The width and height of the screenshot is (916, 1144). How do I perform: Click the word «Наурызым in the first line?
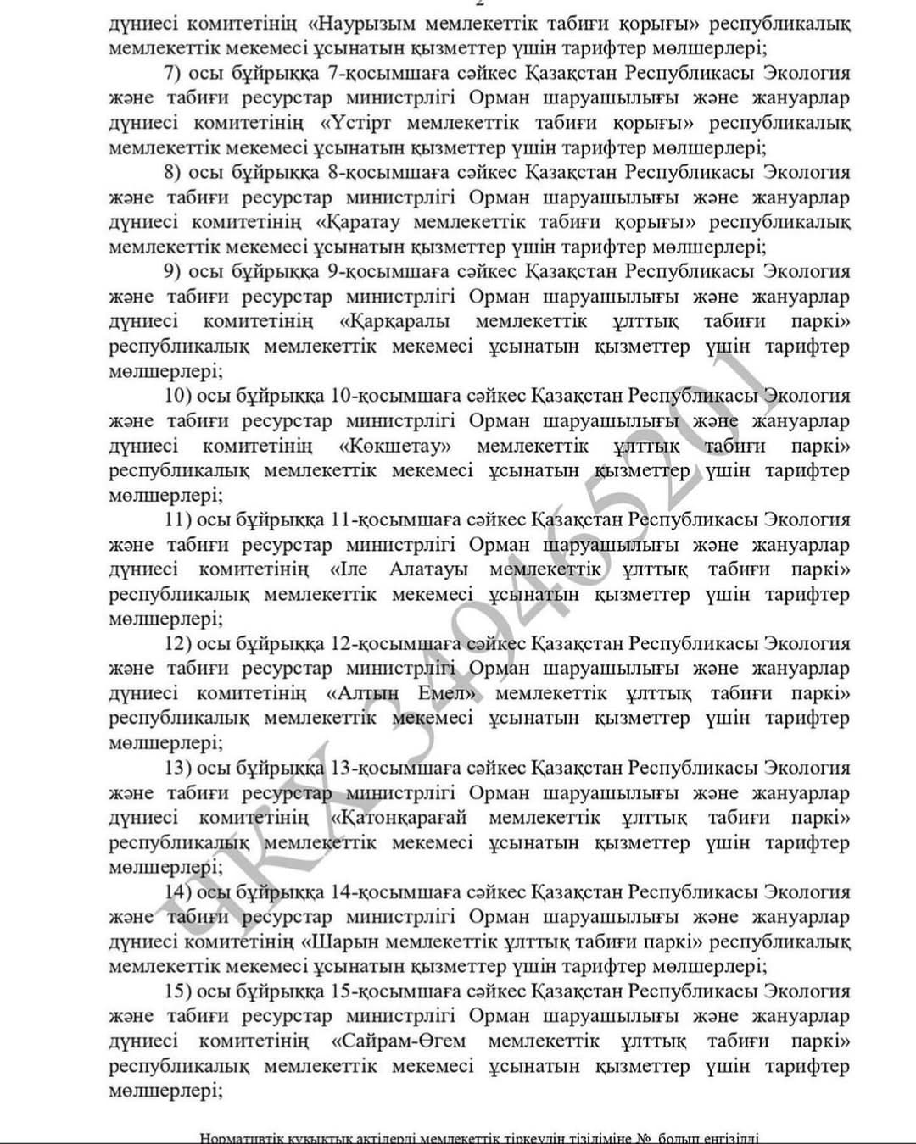pyautogui.click(x=355, y=23)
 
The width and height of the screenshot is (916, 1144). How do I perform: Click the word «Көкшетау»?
pyautogui.click(x=394, y=446)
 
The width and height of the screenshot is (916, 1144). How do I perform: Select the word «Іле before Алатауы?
pyautogui.click(x=348, y=569)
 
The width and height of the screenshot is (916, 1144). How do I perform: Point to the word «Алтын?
pyautogui.click(x=362, y=693)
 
